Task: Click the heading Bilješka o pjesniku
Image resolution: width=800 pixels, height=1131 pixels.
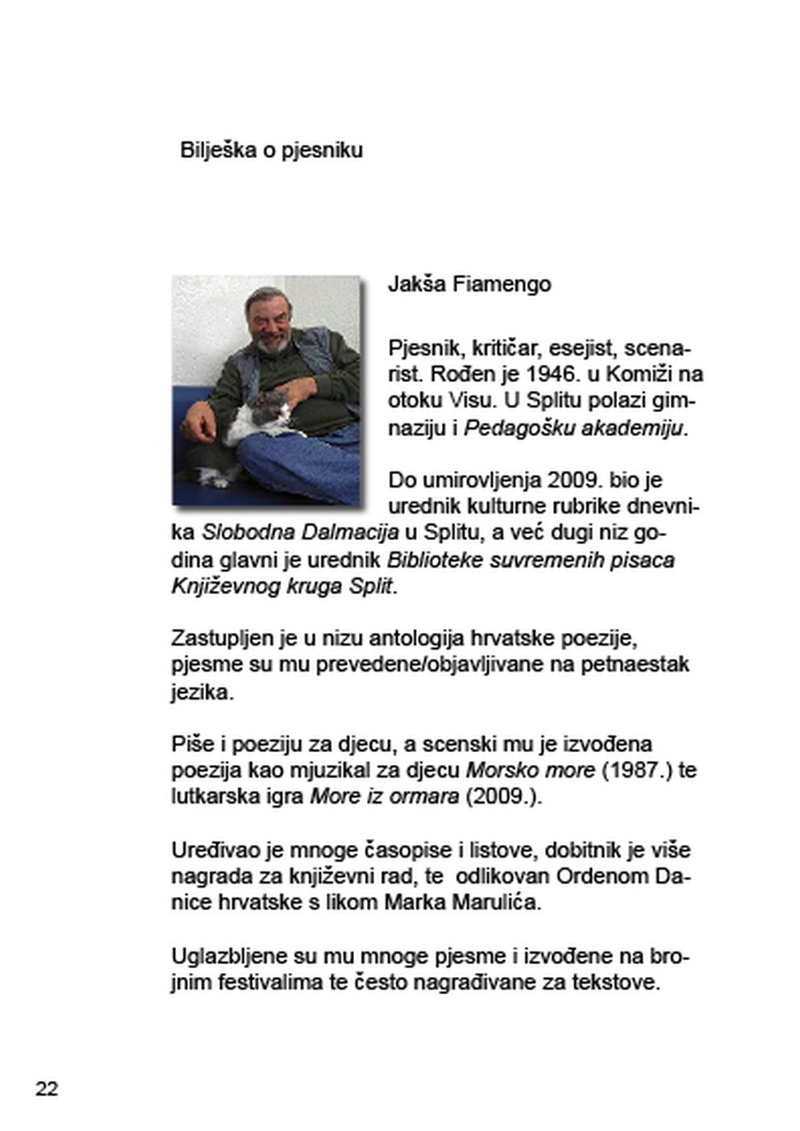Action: pos(271,151)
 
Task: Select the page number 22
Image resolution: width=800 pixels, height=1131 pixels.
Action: pos(47,1089)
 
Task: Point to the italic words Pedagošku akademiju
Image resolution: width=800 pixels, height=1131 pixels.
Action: pos(574,428)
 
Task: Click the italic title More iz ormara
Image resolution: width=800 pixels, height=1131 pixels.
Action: pos(385,797)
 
